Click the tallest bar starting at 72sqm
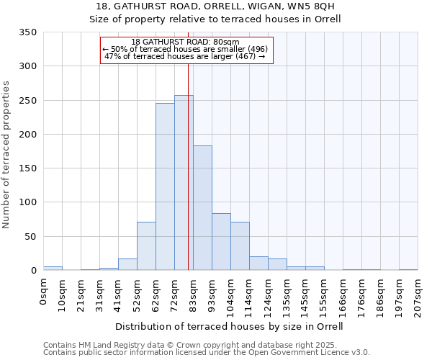pyautogui.click(x=184, y=183)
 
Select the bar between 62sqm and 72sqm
pyautogui.click(x=165, y=187)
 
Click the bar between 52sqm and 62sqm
pyautogui.click(x=146, y=246)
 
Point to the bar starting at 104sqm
pyautogui.click(x=240, y=246)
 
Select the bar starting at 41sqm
pyautogui.click(x=127, y=264)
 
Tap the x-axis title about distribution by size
pyautogui.click(x=229, y=326)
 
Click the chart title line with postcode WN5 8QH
pyautogui.click(x=215, y=6)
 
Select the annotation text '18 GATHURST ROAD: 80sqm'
pyautogui.click(x=186, y=42)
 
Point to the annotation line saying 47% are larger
pyautogui.click(x=186, y=55)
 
